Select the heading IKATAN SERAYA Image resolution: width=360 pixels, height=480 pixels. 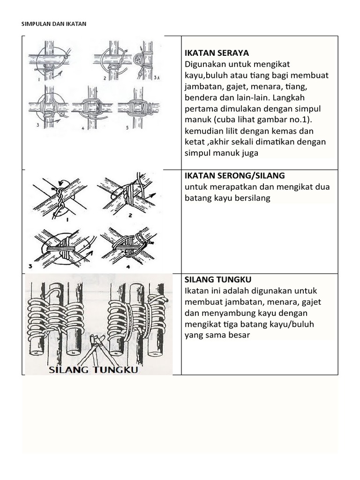tap(217, 52)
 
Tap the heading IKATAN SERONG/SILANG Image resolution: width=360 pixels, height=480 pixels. tap(235, 175)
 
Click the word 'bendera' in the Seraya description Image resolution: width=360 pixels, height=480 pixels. tap(201, 98)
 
